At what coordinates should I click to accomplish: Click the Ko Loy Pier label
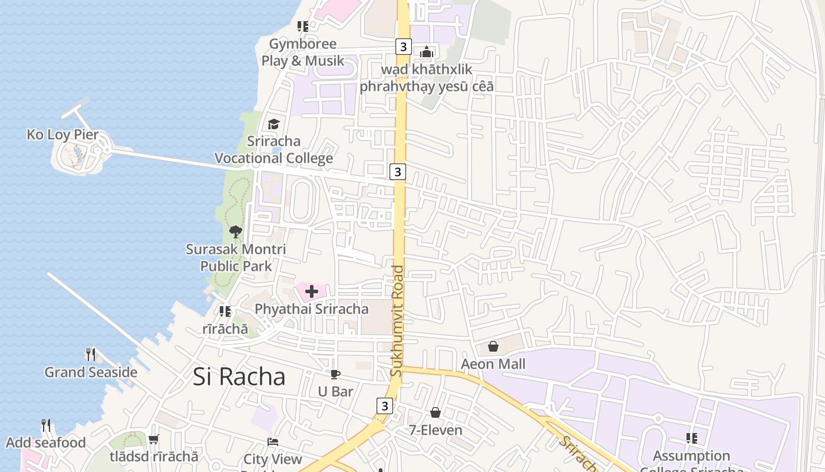pos(62,135)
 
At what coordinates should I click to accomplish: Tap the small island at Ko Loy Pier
pos(80,156)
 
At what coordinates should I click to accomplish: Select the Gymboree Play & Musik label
pos(303,52)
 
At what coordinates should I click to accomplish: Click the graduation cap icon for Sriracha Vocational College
pos(273,124)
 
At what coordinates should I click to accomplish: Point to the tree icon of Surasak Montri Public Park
pos(236,231)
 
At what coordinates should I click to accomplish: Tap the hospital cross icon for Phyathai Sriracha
pos(312,291)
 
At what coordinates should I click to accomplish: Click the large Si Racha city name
pos(239,377)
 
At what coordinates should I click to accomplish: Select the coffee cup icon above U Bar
pos(335,374)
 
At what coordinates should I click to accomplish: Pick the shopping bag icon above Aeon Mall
pos(493,346)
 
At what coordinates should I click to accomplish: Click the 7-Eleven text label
pos(436,430)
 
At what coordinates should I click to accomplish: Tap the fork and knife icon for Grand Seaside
pos(91,354)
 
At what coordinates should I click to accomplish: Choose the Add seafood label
pos(46,442)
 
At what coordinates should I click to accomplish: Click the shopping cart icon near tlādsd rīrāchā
pos(154,439)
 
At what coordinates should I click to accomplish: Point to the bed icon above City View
pos(272,441)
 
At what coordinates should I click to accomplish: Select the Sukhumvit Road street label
pos(397,321)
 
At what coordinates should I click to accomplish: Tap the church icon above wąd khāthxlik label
pos(427,52)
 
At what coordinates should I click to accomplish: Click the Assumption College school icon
pos(692,438)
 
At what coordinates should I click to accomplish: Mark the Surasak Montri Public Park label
pos(236,257)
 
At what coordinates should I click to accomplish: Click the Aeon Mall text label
pos(493,364)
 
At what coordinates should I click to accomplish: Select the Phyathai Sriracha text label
pos(312,309)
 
